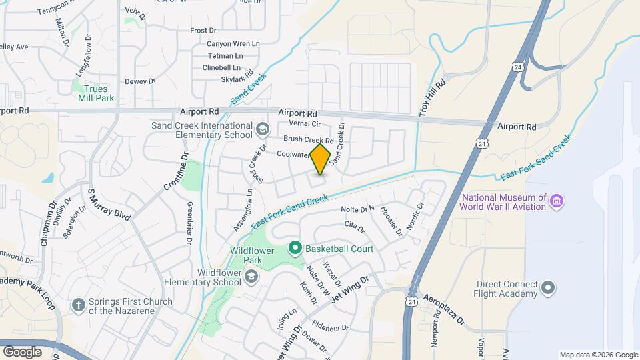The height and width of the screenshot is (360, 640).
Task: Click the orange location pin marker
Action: pyautogui.click(x=321, y=159)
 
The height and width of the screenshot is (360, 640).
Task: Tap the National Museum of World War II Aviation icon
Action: pyautogui.click(x=558, y=201)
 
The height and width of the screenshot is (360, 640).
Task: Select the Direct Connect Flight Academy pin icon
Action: pyautogui.click(x=548, y=288)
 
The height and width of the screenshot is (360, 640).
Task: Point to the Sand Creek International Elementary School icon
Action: pyautogui.click(x=262, y=128)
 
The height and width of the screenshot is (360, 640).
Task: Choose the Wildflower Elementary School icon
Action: pyautogui.click(x=251, y=277)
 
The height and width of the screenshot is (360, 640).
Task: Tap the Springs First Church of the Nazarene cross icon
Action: pyautogui.click(x=79, y=305)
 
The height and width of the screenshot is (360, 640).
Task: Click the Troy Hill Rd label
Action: pyautogui.click(x=431, y=98)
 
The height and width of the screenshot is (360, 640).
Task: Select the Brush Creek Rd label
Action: pyautogui.click(x=308, y=139)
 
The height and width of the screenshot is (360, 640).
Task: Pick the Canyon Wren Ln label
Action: pyautogui.click(x=215, y=43)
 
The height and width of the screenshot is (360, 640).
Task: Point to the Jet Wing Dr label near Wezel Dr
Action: pyautogui.click(x=349, y=289)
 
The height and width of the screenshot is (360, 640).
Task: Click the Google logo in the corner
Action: pyautogui.click(x=22, y=351)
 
